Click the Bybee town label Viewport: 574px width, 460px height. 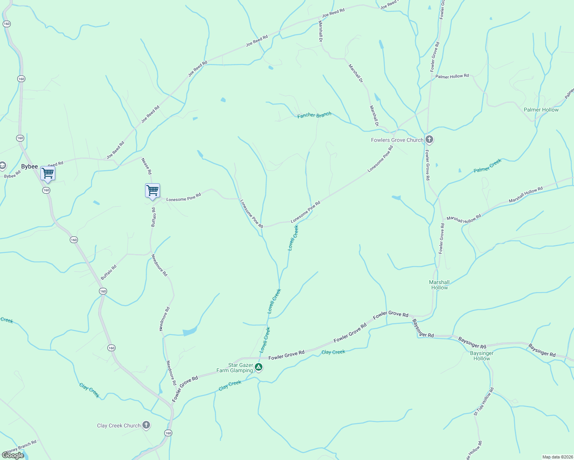point(30,166)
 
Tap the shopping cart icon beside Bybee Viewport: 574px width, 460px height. point(48,173)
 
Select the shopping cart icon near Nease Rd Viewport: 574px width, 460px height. point(152,191)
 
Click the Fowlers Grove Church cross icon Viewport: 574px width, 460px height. point(429,140)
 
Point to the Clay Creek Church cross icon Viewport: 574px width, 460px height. point(146,425)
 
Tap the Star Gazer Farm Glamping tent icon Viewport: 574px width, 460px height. point(259,367)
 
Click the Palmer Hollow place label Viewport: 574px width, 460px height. point(541,110)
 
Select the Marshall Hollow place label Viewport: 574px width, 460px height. point(439,285)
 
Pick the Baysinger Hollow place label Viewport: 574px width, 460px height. point(482,356)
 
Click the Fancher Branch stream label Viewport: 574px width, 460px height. point(314,115)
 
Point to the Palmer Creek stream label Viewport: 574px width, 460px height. point(487,166)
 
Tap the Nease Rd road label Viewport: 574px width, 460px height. point(147,166)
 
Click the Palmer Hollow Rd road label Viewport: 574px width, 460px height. point(452,76)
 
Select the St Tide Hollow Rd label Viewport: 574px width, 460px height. point(483,402)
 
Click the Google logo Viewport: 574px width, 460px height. point(13,455)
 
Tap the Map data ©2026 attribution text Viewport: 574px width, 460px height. point(557,457)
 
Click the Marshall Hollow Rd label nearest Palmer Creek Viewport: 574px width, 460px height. point(526,194)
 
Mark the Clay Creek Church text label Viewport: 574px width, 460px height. point(119,426)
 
